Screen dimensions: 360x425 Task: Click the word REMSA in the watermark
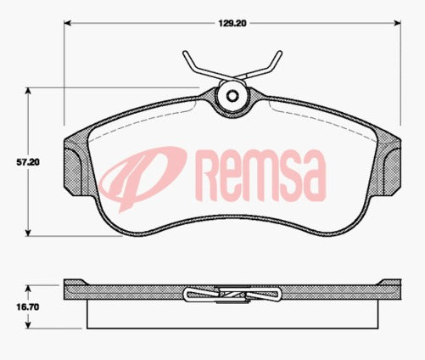pos(260,173)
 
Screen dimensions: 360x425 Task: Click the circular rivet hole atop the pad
pos(232,96)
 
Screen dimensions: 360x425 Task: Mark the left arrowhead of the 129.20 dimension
pos(69,25)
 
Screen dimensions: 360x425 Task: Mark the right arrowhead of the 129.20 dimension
pos(396,25)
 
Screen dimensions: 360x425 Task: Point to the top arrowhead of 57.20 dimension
pos(32,89)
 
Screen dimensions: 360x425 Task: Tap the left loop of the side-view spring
pos(195,295)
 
